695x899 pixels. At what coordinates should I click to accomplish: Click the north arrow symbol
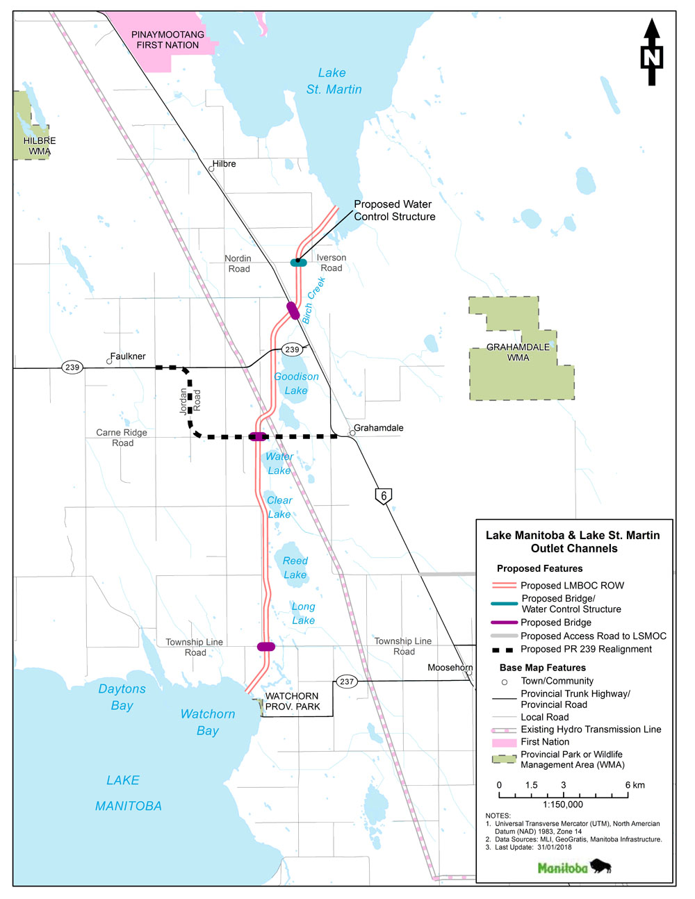click(x=651, y=53)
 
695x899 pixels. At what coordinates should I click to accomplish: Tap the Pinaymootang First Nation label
click(x=167, y=40)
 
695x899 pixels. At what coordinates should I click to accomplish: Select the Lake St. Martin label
click(x=333, y=81)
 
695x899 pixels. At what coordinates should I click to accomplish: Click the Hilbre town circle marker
click(x=211, y=169)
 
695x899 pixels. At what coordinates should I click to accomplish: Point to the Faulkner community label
click(x=128, y=356)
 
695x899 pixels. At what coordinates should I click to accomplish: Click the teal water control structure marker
click(x=298, y=262)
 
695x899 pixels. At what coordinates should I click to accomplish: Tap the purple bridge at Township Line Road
click(x=266, y=646)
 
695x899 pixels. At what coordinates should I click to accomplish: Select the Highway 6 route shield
click(x=383, y=496)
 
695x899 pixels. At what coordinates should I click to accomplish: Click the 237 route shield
click(x=346, y=682)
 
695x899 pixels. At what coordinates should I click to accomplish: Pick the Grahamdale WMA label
click(x=518, y=352)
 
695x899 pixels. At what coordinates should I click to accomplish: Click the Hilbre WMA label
click(x=40, y=146)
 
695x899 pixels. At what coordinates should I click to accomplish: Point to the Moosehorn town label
click(x=450, y=668)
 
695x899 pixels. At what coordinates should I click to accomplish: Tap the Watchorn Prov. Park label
click(x=292, y=701)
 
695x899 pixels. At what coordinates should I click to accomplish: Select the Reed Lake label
click(x=295, y=568)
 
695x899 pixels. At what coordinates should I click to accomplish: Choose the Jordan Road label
click(x=190, y=401)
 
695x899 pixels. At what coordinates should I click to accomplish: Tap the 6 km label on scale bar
click(x=635, y=785)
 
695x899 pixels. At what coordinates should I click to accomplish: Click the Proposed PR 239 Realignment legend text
click(x=586, y=650)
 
